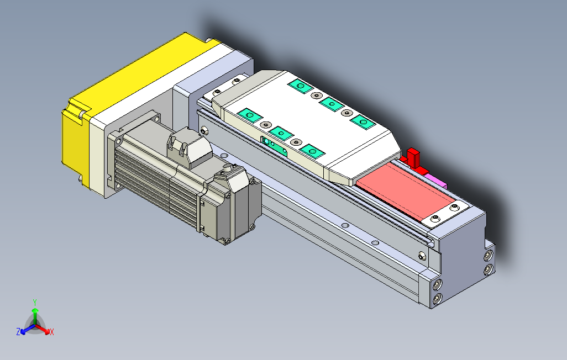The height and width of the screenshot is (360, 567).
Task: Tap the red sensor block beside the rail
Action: point(412,157)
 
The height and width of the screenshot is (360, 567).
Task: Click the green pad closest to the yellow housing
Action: point(250,115)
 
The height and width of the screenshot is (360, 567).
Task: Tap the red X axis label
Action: point(52,332)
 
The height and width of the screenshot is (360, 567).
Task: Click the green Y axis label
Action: point(34,302)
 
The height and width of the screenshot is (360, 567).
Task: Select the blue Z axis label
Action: point(18,332)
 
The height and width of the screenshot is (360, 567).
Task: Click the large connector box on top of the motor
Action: point(189,150)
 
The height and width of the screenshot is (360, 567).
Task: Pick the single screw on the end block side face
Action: point(422,256)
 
